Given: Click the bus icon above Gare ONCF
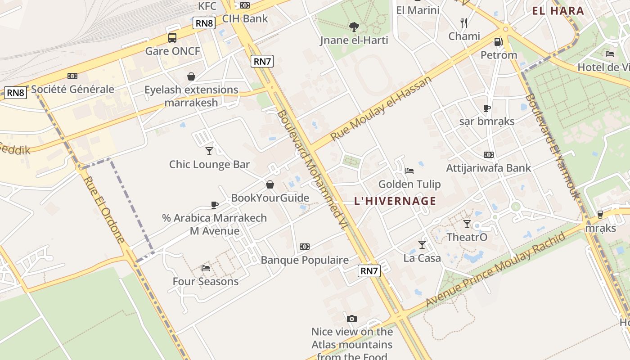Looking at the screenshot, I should tap(172, 38).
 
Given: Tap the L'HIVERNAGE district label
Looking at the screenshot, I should tap(395, 201).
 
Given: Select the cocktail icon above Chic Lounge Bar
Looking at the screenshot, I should tap(209, 151).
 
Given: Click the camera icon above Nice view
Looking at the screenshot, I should tap(352, 319).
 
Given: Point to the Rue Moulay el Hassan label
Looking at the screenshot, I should tap(381, 108).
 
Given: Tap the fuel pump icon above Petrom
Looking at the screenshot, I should tap(498, 42).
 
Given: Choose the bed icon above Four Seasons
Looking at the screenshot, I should tap(206, 268).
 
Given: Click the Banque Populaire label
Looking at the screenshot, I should tap(305, 260).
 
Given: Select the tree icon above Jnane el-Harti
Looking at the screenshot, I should tap(354, 27).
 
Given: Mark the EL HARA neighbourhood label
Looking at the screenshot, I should tap(558, 11).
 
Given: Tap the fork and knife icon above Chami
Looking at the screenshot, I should tap(464, 22).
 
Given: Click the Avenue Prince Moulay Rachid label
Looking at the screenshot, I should tap(495, 270).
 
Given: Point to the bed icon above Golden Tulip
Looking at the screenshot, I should tap(409, 171).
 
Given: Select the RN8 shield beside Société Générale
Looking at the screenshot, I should tap(16, 93).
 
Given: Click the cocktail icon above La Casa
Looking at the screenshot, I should tap(422, 244).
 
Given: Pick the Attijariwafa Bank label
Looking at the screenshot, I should tap(488, 168).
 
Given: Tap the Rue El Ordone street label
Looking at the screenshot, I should tap(104, 209).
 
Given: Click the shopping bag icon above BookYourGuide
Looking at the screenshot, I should tap(270, 184).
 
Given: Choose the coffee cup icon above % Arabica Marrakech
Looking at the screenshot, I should tap(215, 205).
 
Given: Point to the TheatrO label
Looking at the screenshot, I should tap(467, 237).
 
